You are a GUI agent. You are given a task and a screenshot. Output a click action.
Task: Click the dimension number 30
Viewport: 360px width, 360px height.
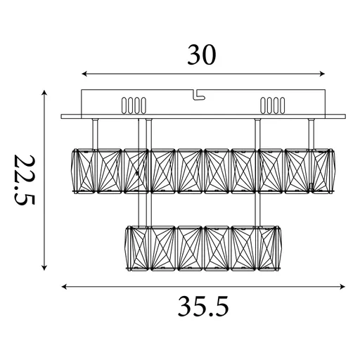point(203,55)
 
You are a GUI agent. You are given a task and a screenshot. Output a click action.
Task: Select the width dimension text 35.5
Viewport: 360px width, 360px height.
point(203,307)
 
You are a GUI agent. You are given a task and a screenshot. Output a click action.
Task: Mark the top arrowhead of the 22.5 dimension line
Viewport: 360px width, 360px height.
point(45,93)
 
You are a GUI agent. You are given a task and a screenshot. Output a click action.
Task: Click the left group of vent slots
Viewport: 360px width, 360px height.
point(134,105)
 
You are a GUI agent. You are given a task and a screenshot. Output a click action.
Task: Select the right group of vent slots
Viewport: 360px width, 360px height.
point(272,105)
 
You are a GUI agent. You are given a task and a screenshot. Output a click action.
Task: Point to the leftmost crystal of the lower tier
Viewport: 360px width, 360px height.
point(136,248)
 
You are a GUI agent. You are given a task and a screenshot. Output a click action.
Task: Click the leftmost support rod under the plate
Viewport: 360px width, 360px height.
point(94,134)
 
